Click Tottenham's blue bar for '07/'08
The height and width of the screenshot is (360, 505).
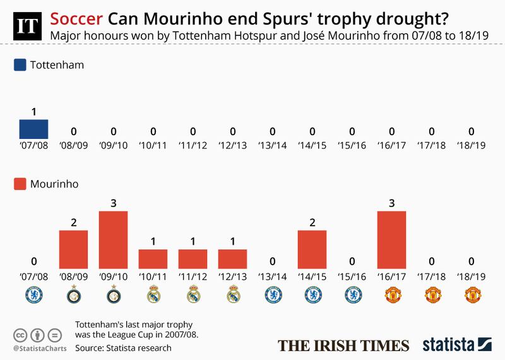coord(33,129)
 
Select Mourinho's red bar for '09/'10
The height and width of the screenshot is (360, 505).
coord(113,239)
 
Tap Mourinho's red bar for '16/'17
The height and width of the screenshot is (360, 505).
coord(391,239)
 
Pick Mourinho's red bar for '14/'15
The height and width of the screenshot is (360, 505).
coord(312,249)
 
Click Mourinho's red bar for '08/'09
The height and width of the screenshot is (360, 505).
coord(73,249)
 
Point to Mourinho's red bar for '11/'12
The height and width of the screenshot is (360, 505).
coord(193,258)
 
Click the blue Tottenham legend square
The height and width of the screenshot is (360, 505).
coord(20,65)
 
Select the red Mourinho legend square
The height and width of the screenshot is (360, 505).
coord(20,184)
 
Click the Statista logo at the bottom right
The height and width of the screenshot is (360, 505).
coord(457,344)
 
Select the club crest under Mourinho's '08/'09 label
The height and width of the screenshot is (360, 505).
coord(73,294)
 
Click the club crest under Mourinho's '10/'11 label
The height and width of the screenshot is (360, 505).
coord(153,294)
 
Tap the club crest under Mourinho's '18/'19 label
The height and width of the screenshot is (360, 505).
coord(471,294)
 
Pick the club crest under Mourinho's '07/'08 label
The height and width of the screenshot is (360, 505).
coord(33,294)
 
